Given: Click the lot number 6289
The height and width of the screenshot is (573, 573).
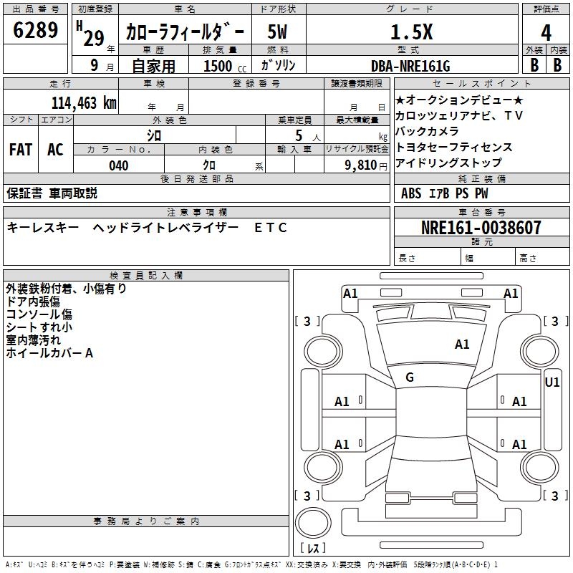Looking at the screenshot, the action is click(36, 31).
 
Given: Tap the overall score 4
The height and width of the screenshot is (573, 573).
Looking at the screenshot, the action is click(546, 33).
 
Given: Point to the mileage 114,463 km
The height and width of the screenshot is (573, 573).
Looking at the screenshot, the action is click(84, 102).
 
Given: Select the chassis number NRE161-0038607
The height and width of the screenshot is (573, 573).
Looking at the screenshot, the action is click(481, 228).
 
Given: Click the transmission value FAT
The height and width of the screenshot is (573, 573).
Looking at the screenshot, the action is click(20, 150).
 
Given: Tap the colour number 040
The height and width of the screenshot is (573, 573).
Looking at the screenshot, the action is click(119, 166).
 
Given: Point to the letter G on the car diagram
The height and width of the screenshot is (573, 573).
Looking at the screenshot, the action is click(410, 377).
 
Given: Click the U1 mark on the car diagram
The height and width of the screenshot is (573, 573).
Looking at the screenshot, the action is click(552, 382).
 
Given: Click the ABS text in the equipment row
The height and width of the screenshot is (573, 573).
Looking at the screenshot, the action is click(411, 193).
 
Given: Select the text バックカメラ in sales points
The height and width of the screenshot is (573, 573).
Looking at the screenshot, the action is click(427, 131).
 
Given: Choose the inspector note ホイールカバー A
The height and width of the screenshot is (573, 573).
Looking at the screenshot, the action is click(49, 353).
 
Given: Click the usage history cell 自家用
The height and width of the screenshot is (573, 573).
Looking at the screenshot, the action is click(153, 67).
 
